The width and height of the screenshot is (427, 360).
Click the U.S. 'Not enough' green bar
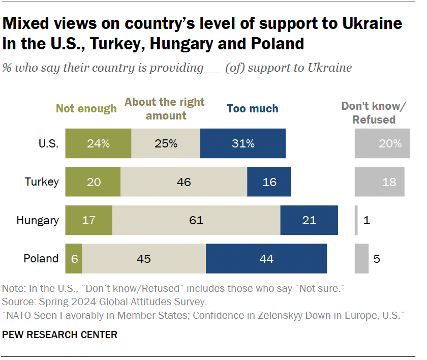coord(98,143)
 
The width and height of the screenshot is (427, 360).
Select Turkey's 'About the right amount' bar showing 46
coord(184,182)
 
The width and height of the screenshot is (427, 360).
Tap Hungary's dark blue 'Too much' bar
coord(309,220)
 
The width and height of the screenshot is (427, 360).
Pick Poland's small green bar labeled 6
coord(74,258)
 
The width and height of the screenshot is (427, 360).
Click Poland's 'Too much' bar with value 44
coord(266,258)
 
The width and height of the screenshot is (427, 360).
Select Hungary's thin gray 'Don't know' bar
coord(356,220)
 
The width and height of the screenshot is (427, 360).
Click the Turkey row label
coord(42,182)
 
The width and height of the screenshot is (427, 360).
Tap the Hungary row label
coord(38,220)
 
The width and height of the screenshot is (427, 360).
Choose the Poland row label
coord(41,258)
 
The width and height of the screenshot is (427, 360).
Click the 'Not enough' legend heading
coord(86,108)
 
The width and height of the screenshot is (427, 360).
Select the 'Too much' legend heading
coord(253,108)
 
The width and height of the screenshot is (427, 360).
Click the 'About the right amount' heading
coord(165,108)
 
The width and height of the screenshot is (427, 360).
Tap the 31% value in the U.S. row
coord(243,143)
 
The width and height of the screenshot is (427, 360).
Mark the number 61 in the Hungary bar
coord(196,220)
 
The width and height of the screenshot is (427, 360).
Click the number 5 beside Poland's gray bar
coord(377,258)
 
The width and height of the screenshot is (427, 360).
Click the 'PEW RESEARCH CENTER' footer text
coord(60,335)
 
